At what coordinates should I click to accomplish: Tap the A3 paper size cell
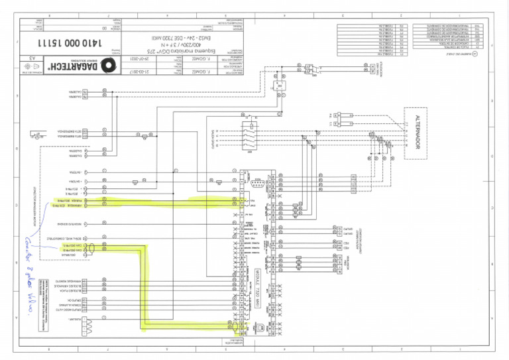[31, 60]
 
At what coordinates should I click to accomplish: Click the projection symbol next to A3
[31, 68]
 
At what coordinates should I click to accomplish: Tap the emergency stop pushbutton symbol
[144, 137]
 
